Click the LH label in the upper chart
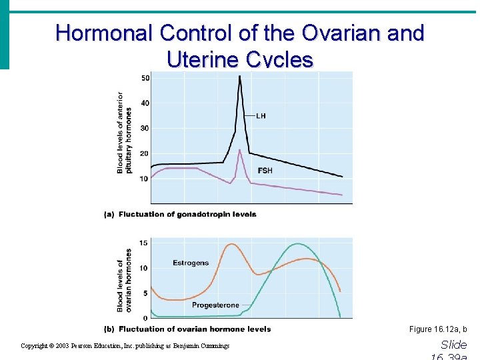[x=261, y=115]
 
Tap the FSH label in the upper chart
[x=265, y=171]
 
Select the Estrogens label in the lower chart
[x=191, y=263]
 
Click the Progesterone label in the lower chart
[x=215, y=305]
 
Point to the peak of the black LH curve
[x=240, y=76]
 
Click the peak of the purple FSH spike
[x=239, y=150]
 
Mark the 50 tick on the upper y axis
[x=145, y=79]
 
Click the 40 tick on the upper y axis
[x=145, y=103]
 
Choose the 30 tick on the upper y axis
[x=145, y=128]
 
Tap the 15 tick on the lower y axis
[x=145, y=243]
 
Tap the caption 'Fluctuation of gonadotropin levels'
[x=187, y=214]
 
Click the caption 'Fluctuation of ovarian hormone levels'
[x=194, y=329]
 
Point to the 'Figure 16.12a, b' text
[x=438, y=329]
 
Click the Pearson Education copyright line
[x=125, y=346]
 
